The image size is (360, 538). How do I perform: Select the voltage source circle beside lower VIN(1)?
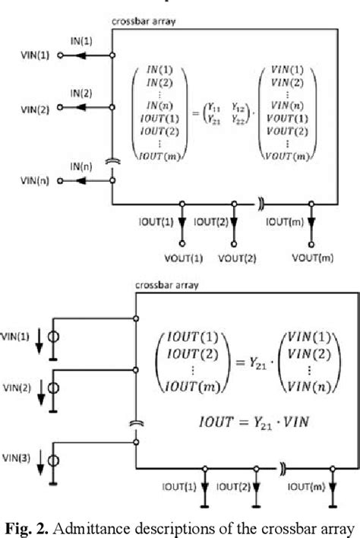tap(53, 337)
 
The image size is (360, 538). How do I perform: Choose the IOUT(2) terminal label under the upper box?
tap(209, 221)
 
